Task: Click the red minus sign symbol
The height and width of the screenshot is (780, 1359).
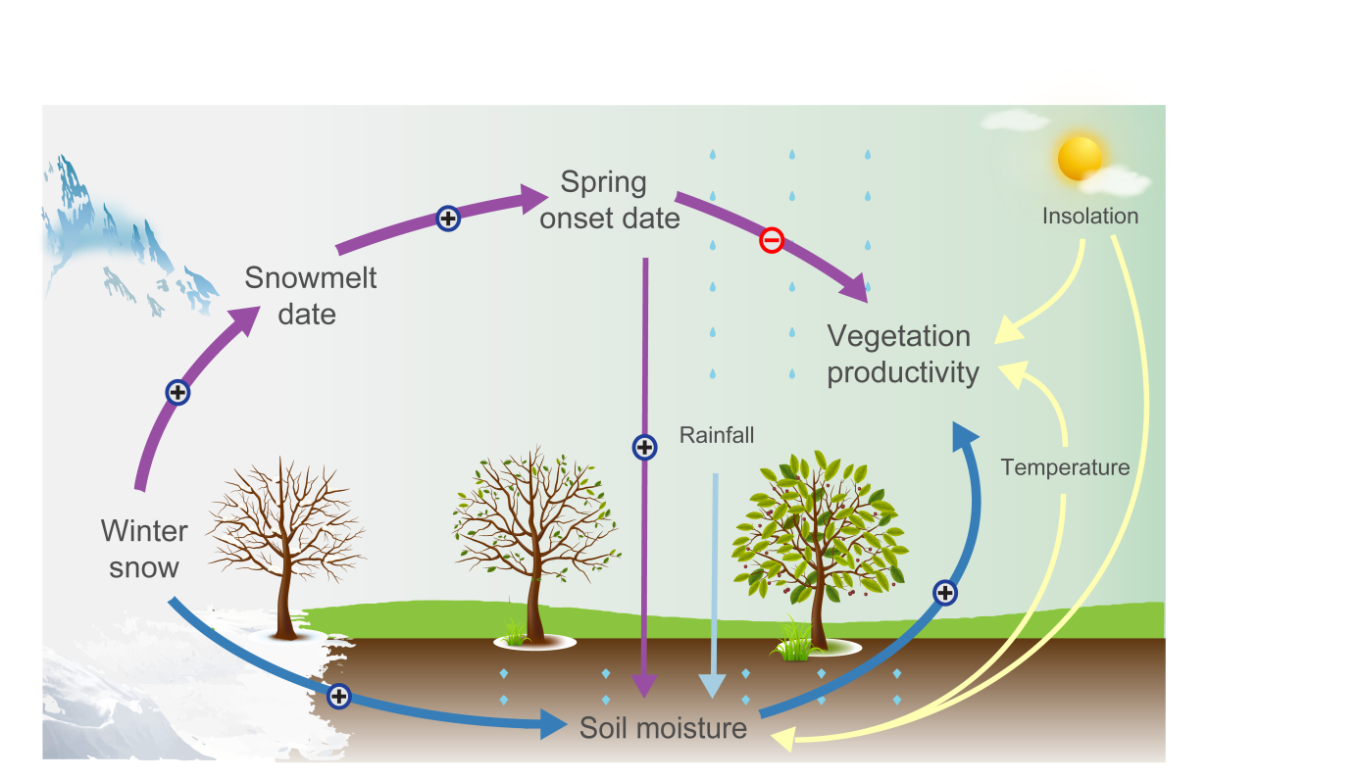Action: coord(772,240)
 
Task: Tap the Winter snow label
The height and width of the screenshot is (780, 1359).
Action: coord(144,549)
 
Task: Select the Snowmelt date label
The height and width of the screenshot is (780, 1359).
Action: coord(311,295)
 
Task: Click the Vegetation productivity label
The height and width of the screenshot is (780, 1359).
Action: coord(903,354)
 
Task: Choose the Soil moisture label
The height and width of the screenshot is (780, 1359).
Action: coord(663,728)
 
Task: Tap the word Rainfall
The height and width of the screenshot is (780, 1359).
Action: coord(717,434)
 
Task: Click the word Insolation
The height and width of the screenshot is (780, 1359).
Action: coord(1090,216)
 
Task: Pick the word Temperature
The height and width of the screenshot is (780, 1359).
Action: coord(1065,467)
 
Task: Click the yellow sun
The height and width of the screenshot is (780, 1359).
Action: coord(1081,158)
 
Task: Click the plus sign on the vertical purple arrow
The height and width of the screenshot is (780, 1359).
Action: coord(644,448)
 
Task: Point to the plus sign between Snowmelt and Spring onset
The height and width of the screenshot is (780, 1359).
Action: coord(448,219)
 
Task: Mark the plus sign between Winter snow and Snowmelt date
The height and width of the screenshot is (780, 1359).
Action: coord(177,393)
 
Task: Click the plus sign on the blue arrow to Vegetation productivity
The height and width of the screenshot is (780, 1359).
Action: coord(944,592)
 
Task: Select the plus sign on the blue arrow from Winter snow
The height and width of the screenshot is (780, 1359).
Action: coord(338,696)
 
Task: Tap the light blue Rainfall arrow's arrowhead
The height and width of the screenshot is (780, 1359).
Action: coord(714,686)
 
